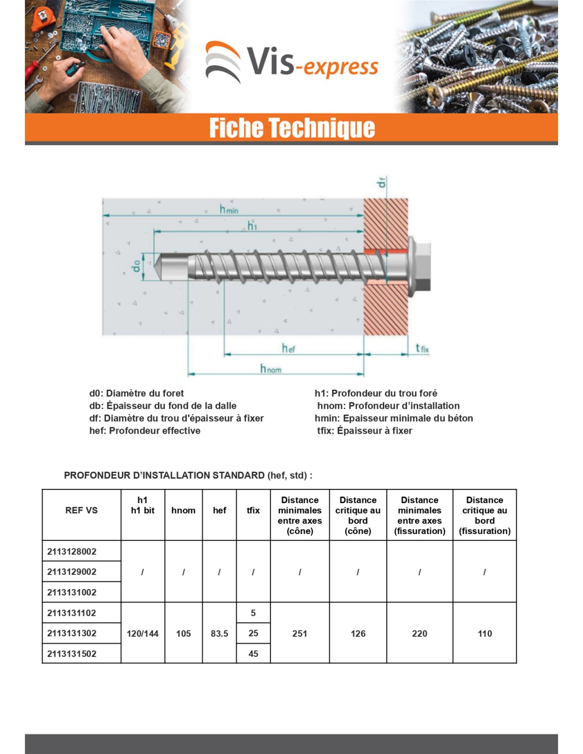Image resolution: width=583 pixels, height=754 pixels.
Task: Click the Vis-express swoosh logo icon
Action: [223, 62]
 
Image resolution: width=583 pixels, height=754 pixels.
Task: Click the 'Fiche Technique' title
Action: [292, 128]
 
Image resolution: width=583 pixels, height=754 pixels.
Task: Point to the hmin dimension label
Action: [229, 209]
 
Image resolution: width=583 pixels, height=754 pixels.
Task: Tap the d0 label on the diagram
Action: [137, 266]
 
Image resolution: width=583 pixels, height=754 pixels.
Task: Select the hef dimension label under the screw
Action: [288, 348]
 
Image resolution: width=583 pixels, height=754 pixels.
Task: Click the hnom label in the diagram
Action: [270, 369]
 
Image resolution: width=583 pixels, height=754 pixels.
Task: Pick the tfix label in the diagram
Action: [422, 348]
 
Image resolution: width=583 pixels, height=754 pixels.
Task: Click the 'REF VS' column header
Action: [82, 510]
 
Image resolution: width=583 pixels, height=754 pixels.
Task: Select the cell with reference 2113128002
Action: [72, 551]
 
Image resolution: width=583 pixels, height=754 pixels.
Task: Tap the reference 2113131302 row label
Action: [72, 633]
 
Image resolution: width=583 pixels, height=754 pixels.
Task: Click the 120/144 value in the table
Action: [143, 633]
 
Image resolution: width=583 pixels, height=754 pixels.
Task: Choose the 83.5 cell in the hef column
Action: [219, 633]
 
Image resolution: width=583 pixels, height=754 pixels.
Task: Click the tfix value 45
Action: [253, 654]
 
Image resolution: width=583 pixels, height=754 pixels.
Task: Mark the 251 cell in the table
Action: [300, 633]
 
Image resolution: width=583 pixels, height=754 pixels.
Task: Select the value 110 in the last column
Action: [484, 633]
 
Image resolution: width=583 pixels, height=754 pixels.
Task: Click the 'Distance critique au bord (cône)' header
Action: [358, 515]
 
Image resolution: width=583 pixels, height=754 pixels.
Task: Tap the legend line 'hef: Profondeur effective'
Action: [145, 431]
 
